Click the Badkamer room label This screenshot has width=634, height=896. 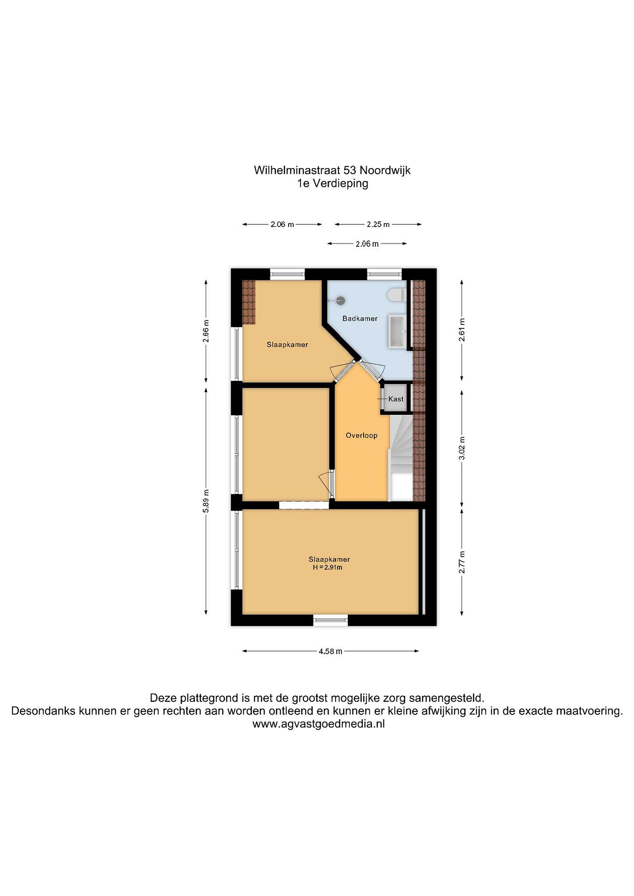[359, 319]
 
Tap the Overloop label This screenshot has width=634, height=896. [361, 435]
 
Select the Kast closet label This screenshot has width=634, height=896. [396, 399]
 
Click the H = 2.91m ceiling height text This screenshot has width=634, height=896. [327, 567]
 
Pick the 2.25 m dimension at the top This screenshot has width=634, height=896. [378, 224]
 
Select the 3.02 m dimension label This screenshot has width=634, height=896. [462, 448]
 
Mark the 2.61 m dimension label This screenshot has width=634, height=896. [462, 330]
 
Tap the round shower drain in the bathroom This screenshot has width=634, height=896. [341, 301]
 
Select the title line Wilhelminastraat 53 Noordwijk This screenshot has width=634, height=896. [332, 170]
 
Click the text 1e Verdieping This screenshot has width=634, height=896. [333, 184]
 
